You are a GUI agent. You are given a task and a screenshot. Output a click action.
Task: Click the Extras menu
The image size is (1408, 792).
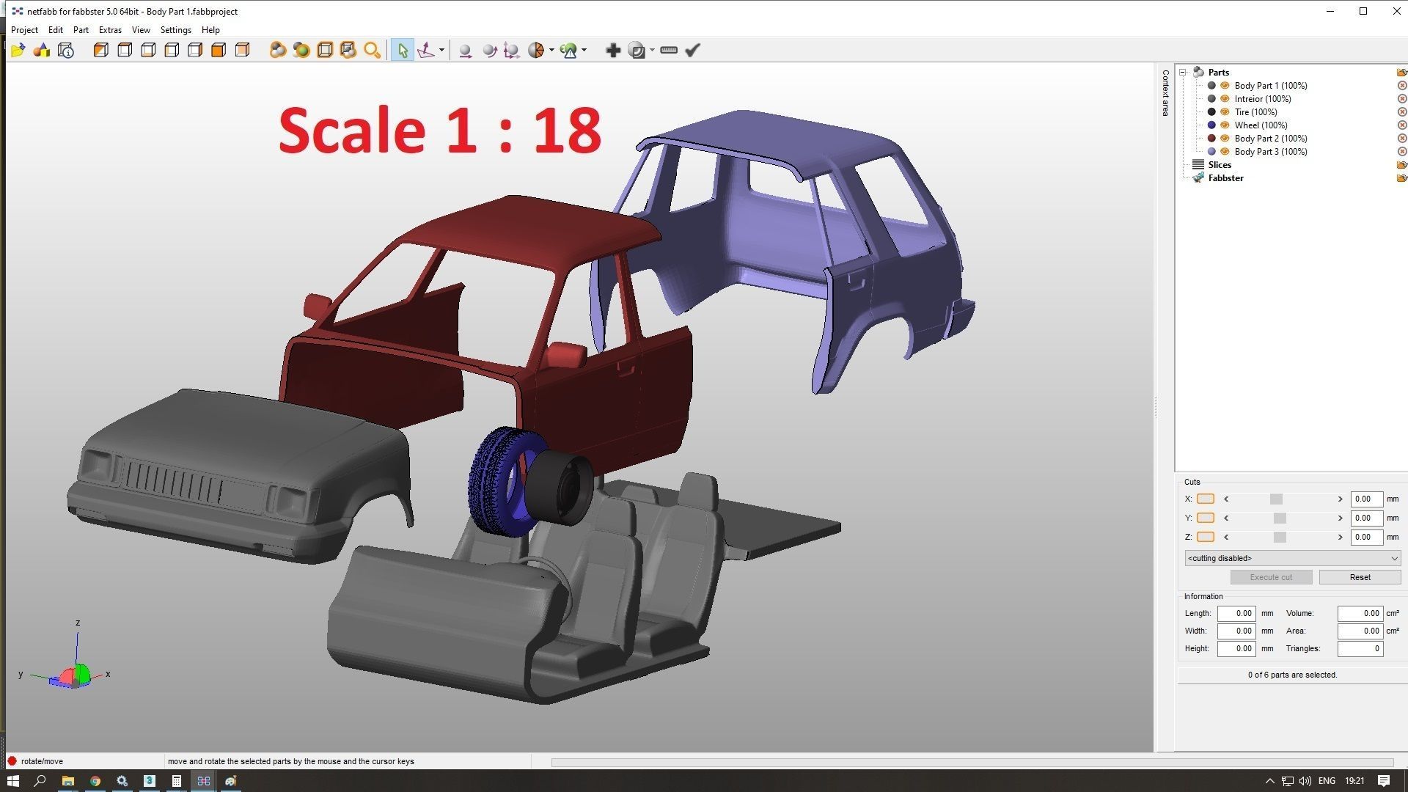point(110,30)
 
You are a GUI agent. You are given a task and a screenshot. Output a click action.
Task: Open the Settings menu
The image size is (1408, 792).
point(175,30)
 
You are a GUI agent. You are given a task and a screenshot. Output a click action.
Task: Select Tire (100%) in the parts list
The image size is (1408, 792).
point(1255,112)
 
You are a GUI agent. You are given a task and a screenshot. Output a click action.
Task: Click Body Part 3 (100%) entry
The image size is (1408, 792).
point(1270,152)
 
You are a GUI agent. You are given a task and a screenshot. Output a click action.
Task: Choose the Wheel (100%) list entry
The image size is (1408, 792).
point(1260,125)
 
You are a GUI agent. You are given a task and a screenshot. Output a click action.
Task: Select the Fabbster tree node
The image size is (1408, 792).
point(1225,178)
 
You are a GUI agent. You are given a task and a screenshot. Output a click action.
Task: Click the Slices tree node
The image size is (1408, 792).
point(1219,165)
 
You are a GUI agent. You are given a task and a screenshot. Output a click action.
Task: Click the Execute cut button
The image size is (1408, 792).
point(1271,577)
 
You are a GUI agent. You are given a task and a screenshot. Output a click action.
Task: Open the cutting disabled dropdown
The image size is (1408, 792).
point(1292,558)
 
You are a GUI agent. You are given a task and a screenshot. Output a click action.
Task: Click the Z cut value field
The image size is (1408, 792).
point(1365,537)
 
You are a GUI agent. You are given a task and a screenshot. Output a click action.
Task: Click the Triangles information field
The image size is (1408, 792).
point(1360,648)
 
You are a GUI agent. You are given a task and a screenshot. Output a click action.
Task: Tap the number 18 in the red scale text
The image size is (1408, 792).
point(567,131)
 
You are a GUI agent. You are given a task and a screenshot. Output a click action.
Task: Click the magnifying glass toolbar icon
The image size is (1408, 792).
point(373,50)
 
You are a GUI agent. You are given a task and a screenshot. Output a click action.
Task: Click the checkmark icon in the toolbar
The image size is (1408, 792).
point(692,50)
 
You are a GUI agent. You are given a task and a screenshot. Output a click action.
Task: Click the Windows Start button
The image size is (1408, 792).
point(12,781)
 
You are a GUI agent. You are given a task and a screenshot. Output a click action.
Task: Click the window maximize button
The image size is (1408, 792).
point(1363,11)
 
